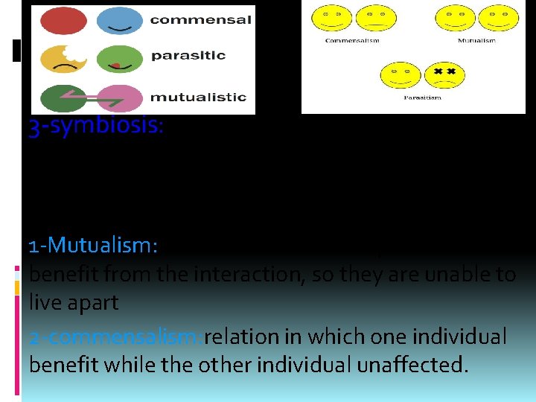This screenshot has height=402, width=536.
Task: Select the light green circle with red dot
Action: [x=121, y=58]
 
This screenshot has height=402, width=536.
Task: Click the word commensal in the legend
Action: [x=200, y=20]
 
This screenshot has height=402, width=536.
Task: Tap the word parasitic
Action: [x=189, y=56]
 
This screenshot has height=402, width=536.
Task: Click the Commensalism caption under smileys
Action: [x=352, y=40]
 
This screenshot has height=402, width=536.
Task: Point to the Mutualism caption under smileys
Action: [x=476, y=40]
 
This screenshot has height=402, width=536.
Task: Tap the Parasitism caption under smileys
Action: [x=421, y=98]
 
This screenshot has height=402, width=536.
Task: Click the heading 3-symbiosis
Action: [x=95, y=127]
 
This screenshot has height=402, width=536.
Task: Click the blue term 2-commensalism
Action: [x=115, y=337]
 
